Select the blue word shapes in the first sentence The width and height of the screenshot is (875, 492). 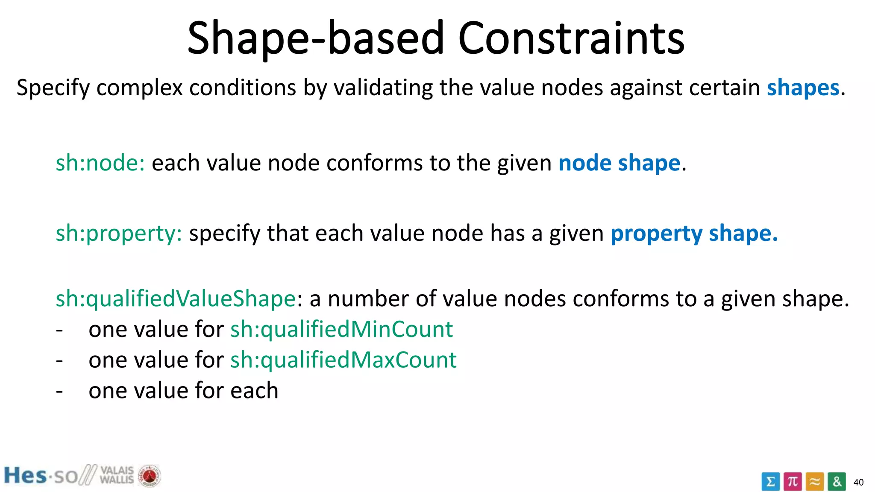[x=803, y=88]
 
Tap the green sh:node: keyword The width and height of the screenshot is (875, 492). [x=100, y=163]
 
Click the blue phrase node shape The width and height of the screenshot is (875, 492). [x=619, y=163]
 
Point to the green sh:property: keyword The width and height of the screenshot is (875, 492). [x=119, y=234]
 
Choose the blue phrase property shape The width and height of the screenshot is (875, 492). [x=694, y=234]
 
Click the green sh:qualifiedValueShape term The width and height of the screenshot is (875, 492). [x=176, y=299]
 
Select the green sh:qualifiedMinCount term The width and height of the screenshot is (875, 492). [x=341, y=329]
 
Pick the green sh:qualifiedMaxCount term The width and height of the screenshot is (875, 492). [x=344, y=360]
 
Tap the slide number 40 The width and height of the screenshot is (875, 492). [x=858, y=483]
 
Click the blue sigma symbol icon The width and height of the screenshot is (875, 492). [x=770, y=482]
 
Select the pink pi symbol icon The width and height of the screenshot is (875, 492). [x=793, y=482]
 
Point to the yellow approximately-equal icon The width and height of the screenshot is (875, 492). [x=815, y=482]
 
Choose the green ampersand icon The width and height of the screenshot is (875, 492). [x=837, y=482]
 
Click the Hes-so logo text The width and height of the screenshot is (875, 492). [x=41, y=476]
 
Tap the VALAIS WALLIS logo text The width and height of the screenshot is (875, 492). [x=117, y=475]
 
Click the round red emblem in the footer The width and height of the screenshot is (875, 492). [x=149, y=476]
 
